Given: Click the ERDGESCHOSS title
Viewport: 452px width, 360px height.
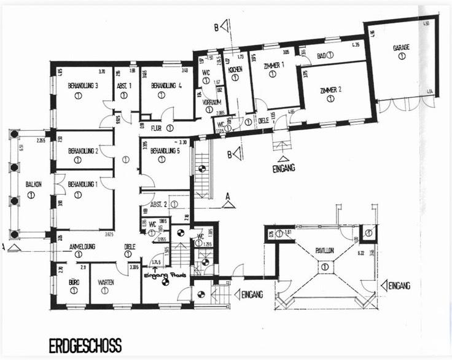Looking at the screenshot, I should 85,345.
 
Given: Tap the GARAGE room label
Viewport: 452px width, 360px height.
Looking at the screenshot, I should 401,47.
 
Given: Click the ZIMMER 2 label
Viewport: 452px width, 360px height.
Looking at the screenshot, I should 330,90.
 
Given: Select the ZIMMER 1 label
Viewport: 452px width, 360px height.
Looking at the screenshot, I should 273,65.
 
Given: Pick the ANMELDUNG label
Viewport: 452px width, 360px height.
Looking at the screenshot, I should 81,246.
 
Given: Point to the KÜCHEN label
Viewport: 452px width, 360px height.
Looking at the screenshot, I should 236,70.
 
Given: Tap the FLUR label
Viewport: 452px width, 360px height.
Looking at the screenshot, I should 157,128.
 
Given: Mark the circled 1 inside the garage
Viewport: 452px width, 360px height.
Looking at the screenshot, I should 401,56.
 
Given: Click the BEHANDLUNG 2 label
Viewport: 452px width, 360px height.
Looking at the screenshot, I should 83,151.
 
